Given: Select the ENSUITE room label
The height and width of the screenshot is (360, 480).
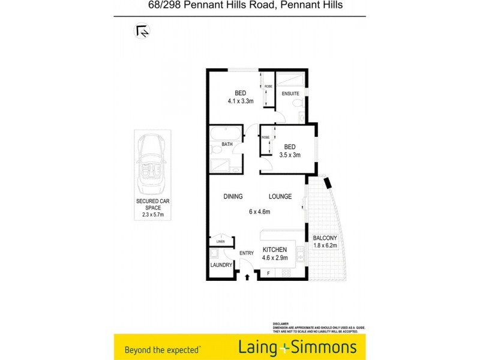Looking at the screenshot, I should (290, 93).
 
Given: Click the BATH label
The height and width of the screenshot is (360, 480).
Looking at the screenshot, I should (227, 144).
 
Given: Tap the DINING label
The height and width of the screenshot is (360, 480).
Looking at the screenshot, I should (233, 197).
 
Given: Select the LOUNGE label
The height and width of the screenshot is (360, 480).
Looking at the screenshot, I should (280, 197).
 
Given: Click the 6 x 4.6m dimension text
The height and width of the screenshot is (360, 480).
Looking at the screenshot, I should (260, 211).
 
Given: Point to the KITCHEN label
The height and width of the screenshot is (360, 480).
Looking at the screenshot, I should (275, 250).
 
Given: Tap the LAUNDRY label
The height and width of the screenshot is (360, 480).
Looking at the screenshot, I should (221, 265).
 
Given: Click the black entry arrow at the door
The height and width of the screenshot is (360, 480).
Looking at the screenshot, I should (247, 277).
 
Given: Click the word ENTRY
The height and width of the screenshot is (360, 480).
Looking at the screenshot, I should (247, 253).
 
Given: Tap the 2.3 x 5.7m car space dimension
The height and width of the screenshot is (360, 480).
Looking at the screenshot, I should (152, 215).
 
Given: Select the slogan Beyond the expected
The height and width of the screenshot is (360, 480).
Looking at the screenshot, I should (162, 349).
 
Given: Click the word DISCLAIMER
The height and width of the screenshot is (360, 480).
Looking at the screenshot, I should (281, 323).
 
